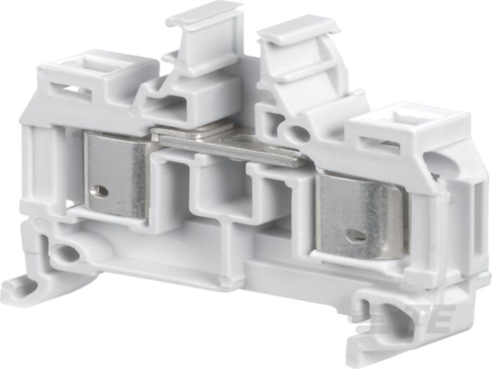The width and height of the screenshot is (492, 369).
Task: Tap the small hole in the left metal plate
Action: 103,190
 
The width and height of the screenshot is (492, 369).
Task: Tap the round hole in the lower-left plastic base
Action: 68,254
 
